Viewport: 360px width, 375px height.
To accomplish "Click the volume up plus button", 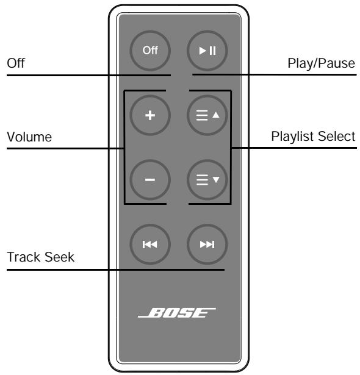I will (149, 115).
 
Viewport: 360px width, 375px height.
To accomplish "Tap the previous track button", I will (149, 244).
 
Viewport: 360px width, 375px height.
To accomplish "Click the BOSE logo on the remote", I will (179, 316).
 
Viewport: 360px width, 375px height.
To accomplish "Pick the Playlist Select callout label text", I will (313, 137).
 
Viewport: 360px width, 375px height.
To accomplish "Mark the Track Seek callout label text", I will (40, 258).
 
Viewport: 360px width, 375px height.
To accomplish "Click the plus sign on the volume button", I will (149, 115).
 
